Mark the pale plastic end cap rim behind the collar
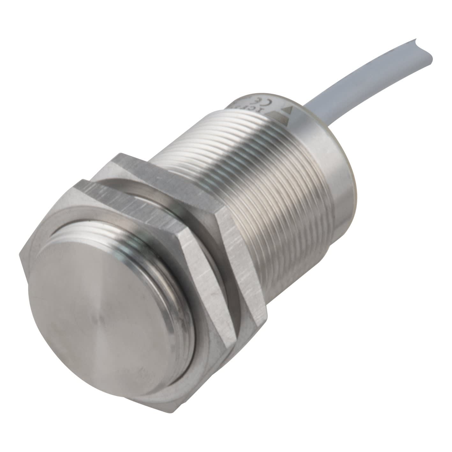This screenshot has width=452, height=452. tap(351, 179)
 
